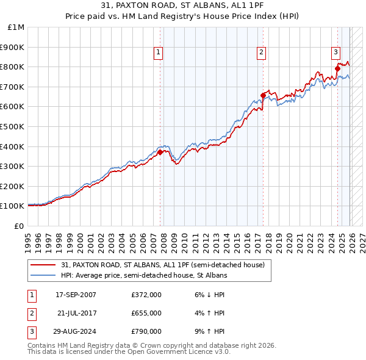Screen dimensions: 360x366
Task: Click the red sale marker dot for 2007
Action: (160, 153)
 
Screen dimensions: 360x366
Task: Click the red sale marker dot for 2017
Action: (263, 95)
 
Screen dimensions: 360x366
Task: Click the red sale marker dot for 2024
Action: (337, 68)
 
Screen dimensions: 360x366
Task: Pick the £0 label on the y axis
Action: (18, 226)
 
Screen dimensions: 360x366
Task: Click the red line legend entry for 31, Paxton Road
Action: (163, 265)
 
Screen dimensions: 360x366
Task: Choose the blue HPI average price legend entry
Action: (144, 276)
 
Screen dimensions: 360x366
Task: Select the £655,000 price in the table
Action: (146, 313)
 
